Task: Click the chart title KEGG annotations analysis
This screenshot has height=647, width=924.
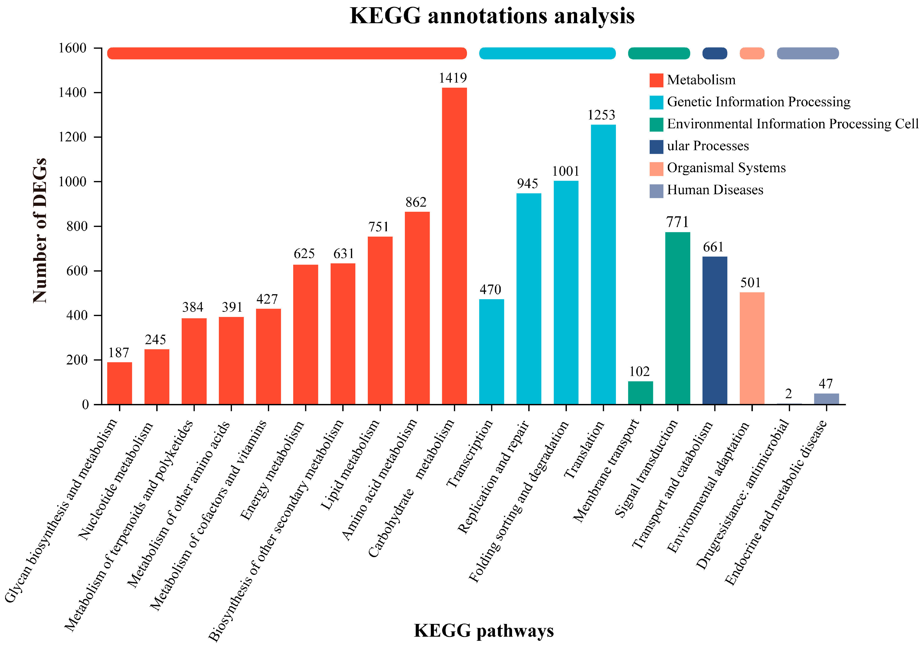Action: pos(492,16)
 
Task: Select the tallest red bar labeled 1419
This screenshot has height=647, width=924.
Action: pos(454,245)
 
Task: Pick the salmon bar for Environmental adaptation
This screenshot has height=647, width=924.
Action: pos(752,348)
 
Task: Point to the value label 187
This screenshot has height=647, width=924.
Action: pos(119,353)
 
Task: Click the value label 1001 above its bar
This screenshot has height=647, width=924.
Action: pos(565,171)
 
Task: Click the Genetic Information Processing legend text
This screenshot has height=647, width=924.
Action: pos(759,102)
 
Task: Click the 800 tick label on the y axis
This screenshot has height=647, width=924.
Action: pos(76,227)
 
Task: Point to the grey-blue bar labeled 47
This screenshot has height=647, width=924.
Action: pos(826,398)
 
